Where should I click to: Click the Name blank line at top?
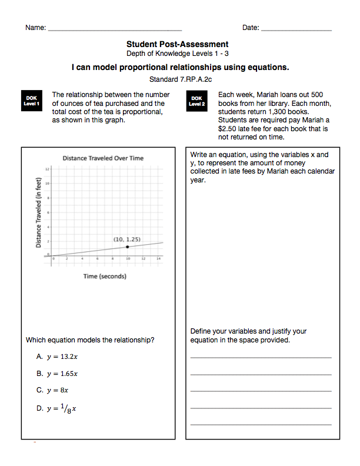click(115, 29)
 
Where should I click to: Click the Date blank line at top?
click(296, 29)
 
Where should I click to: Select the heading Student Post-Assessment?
click(177, 44)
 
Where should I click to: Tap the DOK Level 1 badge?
click(32, 101)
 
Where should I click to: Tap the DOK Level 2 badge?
click(197, 101)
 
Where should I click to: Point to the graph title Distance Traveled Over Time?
click(103, 158)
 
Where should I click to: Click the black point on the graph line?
click(127, 247)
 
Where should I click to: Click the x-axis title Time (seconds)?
click(104, 276)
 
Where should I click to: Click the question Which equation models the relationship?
click(90, 339)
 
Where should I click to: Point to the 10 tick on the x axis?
click(127, 259)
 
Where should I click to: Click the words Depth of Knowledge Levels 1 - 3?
click(177, 54)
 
